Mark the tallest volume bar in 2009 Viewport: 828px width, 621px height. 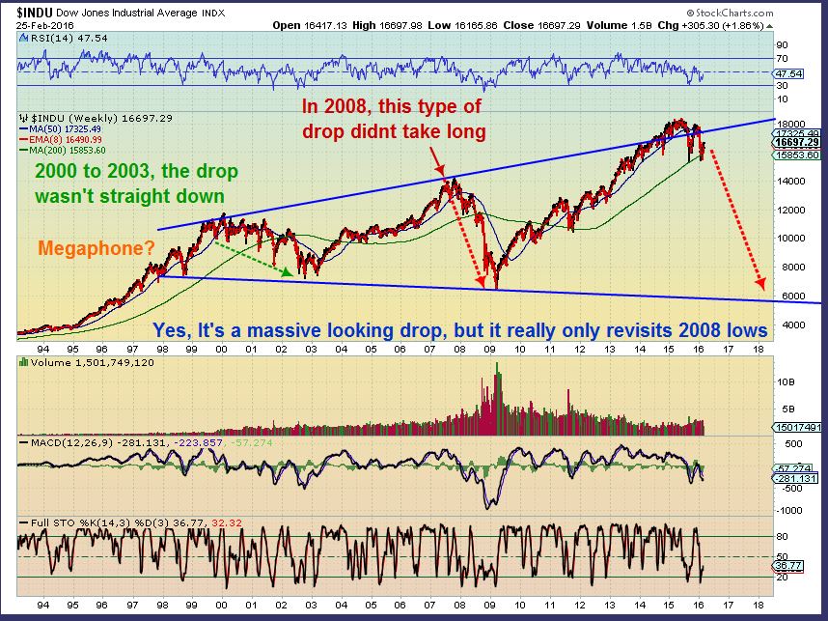(497, 365)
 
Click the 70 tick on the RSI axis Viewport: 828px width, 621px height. (781, 59)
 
